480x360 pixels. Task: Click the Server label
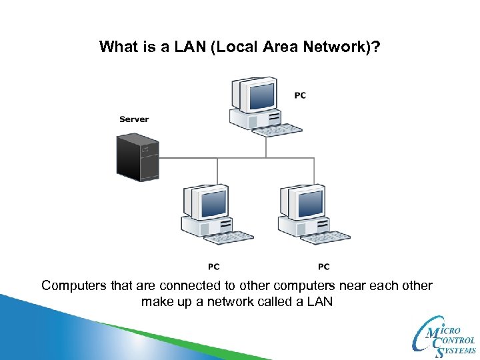click(x=134, y=119)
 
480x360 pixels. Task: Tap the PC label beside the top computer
click(x=300, y=95)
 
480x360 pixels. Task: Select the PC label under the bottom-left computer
click(x=213, y=267)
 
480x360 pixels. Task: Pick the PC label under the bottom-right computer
click(x=323, y=267)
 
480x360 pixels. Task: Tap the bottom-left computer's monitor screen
click(x=211, y=201)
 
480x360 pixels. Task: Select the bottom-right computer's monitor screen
click(x=308, y=201)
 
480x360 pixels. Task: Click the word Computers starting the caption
click(x=74, y=286)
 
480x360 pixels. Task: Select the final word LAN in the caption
click(x=319, y=302)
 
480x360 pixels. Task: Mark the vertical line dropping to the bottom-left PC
click(x=217, y=171)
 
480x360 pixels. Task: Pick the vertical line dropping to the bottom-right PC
click(x=314, y=171)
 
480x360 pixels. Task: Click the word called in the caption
click(x=270, y=302)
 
